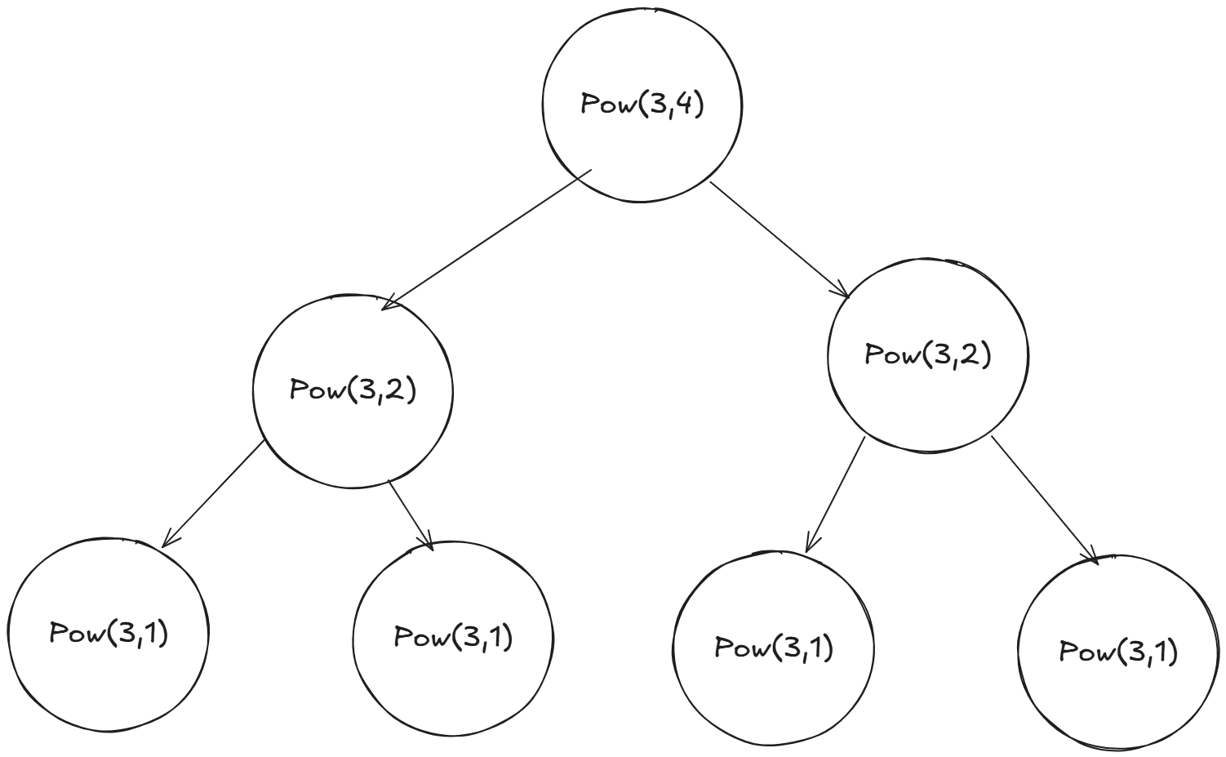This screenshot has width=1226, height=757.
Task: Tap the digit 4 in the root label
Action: [x=684, y=106]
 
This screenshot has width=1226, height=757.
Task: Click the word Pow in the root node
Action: [x=602, y=106]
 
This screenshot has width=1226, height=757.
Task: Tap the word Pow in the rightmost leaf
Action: [x=1082, y=652]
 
